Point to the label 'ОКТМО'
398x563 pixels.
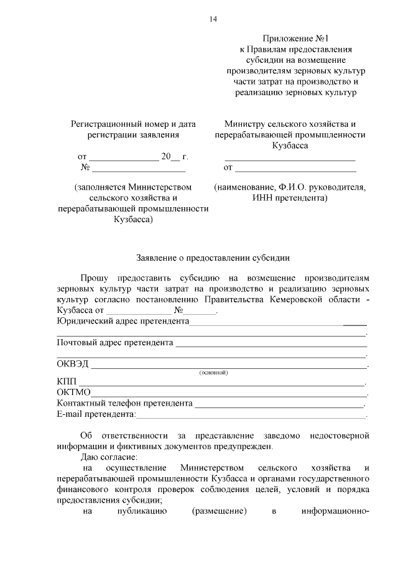pos(74,393)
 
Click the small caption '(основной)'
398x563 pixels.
pos(213,373)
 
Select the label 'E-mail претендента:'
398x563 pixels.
pos(96,414)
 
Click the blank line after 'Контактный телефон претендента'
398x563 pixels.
pos(280,404)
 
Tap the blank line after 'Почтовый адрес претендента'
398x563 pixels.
pos(271,343)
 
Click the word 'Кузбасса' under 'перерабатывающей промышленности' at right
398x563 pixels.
pos(290,146)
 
